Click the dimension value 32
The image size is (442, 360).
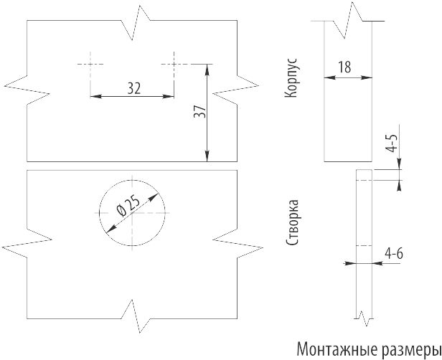point(133,87)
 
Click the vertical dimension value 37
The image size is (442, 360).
point(199,113)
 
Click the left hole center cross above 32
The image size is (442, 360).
point(90,64)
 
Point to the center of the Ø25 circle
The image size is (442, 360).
point(132,212)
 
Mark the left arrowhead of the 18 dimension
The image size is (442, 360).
point(328,77)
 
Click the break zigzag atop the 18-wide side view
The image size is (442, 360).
point(353,19)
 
